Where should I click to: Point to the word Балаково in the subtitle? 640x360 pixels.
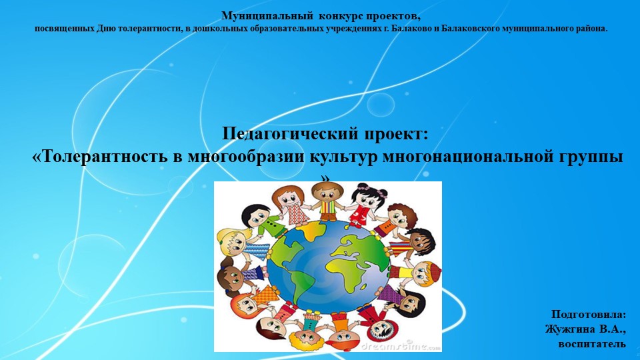(413, 29)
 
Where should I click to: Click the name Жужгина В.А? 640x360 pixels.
(585, 329)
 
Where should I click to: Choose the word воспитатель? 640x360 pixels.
(591, 344)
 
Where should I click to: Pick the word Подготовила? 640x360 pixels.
(589, 314)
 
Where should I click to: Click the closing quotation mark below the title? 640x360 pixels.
(325, 177)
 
